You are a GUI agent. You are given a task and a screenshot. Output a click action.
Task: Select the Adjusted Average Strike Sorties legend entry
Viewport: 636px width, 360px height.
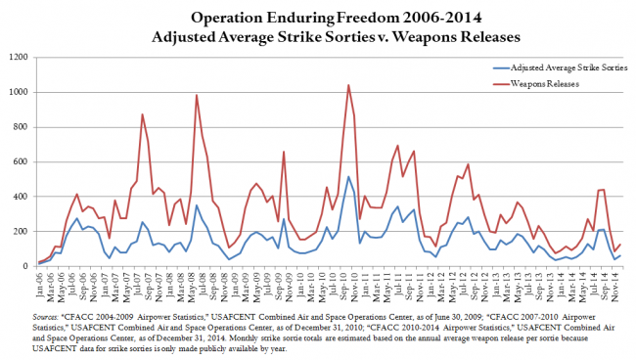point(563,67)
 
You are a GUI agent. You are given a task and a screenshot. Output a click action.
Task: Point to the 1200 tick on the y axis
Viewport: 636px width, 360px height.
point(17,58)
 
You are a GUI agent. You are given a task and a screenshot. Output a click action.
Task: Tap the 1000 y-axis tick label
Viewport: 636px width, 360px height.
point(17,93)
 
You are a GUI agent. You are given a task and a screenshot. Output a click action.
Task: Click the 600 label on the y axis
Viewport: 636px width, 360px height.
point(20,162)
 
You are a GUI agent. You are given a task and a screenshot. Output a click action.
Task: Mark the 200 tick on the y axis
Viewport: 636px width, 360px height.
point(20,232)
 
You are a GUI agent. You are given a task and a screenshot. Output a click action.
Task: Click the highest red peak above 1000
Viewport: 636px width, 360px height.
point(348,85)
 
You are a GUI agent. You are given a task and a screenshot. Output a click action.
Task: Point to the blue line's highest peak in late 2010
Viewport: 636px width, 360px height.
point(348,177)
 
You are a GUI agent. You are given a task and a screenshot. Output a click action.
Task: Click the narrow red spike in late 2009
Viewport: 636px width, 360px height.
point(284,152)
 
